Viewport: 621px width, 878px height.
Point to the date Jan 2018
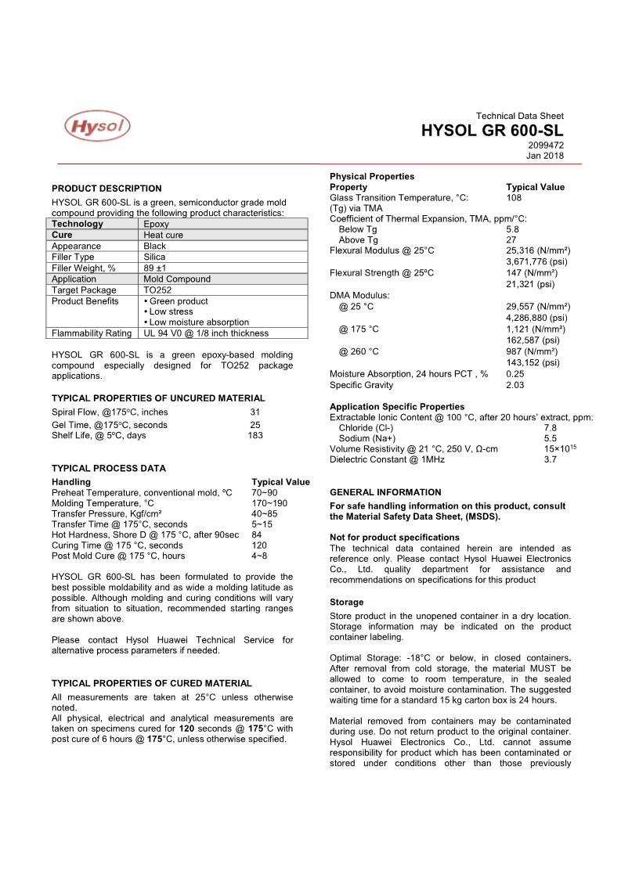pos(545,155)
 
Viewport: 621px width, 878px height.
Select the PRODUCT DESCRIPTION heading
pos(107,189)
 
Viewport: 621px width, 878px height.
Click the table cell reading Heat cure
pos(163,235)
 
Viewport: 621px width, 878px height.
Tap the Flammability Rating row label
pos(91,333)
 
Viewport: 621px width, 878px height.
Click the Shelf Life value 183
pos(255,436)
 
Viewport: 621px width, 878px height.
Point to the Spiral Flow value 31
pos(255,412)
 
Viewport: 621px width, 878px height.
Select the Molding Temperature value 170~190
pos(269,503)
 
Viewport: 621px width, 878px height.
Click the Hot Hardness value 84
pos(257,535)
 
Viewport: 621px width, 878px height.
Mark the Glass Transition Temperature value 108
pos(514,198)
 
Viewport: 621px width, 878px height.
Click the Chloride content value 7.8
pos(550,428)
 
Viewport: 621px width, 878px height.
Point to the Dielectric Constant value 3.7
pos(550,460)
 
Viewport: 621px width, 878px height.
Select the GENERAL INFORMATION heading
pos(385,492)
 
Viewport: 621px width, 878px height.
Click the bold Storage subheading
pos(346,603)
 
